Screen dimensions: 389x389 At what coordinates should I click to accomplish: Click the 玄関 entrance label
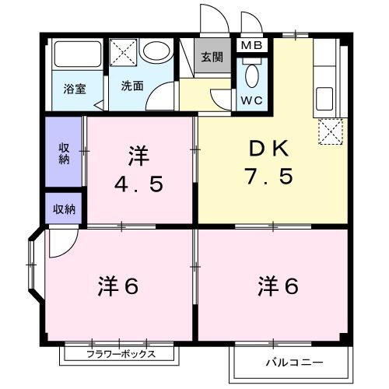point(211,57)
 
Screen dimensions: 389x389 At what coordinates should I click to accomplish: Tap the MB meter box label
point(251,45)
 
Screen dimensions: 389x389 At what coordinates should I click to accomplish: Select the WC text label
point(251,100)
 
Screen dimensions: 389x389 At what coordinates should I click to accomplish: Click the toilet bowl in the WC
point(251,76)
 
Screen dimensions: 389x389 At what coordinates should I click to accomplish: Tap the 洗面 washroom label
point(131,86)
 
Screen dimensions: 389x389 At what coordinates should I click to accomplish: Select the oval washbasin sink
point(158,52)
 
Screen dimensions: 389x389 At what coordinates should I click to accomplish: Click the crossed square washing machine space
point(123,53)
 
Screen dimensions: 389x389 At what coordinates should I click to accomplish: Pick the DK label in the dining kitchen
point(270,148)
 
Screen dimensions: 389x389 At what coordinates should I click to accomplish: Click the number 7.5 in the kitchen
point(270,177)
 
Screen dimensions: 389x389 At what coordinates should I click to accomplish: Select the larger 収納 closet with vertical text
point(63,152)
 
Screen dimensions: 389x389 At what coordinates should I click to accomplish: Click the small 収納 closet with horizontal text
point(64,209)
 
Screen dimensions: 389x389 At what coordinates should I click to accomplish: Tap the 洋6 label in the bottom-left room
point(117,286)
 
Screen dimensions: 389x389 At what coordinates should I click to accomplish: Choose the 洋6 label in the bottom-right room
point(278,286)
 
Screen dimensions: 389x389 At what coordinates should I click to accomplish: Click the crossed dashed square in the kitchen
point(330,131)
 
